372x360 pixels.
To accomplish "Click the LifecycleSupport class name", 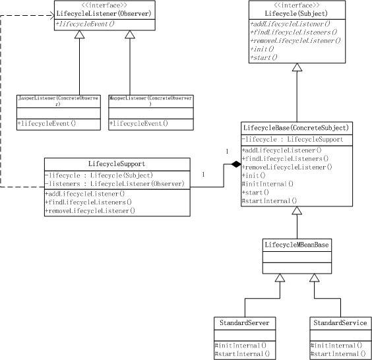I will (117, 164).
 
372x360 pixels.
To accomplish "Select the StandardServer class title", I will (245, 323).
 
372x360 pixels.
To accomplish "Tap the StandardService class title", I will (339, 323).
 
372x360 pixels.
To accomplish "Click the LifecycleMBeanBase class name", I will (297, 245).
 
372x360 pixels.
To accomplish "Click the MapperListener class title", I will (150, 101).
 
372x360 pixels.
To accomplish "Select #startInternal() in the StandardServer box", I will (243, 354).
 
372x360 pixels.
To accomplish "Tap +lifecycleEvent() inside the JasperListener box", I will (47, 123).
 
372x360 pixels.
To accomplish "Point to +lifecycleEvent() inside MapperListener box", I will (139, 123).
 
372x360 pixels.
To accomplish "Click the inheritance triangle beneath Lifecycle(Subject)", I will (297, 67).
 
